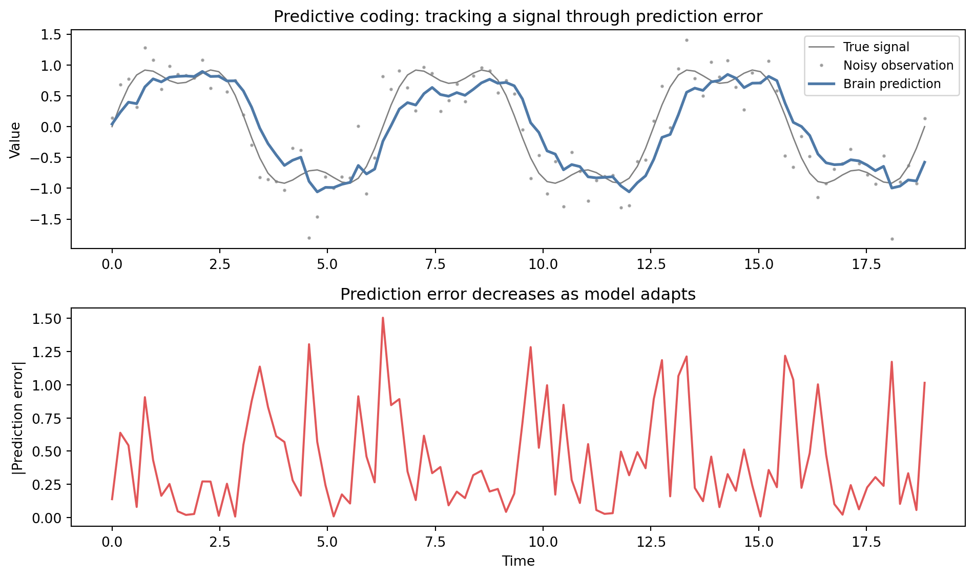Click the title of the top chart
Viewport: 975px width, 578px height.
[518, 16]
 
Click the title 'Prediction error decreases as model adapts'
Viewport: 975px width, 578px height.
[518, 294]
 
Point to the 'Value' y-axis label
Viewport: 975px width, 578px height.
[15, 139]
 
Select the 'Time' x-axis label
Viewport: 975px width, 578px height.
[518, 561]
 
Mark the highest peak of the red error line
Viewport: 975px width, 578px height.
[383, 318]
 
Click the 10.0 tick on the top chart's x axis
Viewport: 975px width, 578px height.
[543, 264]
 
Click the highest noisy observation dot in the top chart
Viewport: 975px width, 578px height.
[687, 40]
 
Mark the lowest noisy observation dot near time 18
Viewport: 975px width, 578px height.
[892, 239]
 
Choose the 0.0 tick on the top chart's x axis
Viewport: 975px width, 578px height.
[112, 264]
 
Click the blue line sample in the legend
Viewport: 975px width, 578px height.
[823, 84]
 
